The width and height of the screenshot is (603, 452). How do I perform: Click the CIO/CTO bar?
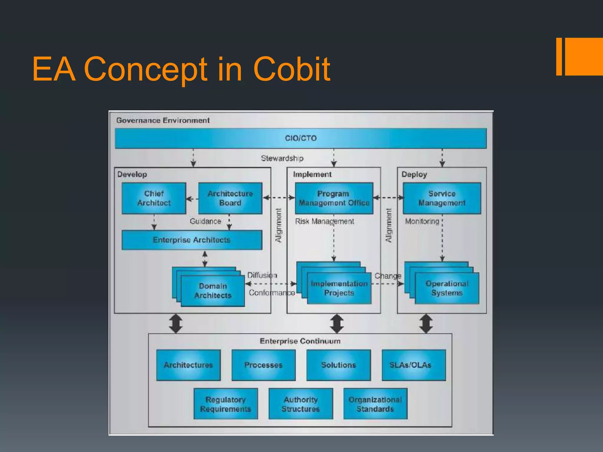tap(300, 138)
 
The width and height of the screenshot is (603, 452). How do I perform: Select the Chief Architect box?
tap(154, 198)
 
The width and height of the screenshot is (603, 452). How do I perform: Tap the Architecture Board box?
tap(230, 198)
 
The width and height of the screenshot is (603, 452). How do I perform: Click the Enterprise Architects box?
tap(192, 240)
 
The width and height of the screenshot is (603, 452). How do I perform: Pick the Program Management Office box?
tap(334, 198)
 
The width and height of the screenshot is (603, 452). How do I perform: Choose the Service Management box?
tap(442, 198)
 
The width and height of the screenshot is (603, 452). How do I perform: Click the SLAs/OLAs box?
tap(413, 365)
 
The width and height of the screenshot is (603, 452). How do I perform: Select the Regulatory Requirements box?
tap(226, 404)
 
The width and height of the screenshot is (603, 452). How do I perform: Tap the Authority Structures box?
tap(301, 404)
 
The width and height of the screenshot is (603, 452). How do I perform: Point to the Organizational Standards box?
tap(375, 404)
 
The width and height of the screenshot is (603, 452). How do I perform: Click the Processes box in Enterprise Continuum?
tap(263, 365)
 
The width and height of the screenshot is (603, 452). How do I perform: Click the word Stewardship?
tap(282, 158)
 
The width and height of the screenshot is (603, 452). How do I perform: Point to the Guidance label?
tap(205, 221)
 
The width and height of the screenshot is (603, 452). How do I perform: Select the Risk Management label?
tap(324, 221)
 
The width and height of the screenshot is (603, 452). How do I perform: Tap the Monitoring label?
tap(422, 221)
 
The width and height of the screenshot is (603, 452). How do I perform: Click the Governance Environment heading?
tap(163, 120)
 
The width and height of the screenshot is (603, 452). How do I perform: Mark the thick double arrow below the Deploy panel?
tap(426, 324)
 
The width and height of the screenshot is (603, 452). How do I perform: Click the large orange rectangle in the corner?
tap(584, 56)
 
